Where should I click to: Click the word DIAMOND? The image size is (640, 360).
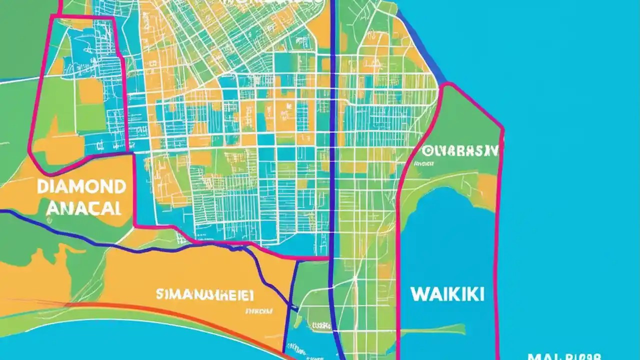point(81,187)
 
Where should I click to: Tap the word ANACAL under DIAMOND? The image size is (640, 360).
point(83,208)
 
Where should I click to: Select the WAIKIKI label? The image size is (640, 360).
point(447,294)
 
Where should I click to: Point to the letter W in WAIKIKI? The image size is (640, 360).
point(418,294)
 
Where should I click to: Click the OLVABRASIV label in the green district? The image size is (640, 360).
point(460,150)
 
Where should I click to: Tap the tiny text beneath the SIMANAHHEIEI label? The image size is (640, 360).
point(258,311)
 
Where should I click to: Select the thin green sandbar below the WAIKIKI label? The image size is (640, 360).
point(440,329)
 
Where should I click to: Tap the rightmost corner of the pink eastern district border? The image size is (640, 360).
point(502,129)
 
